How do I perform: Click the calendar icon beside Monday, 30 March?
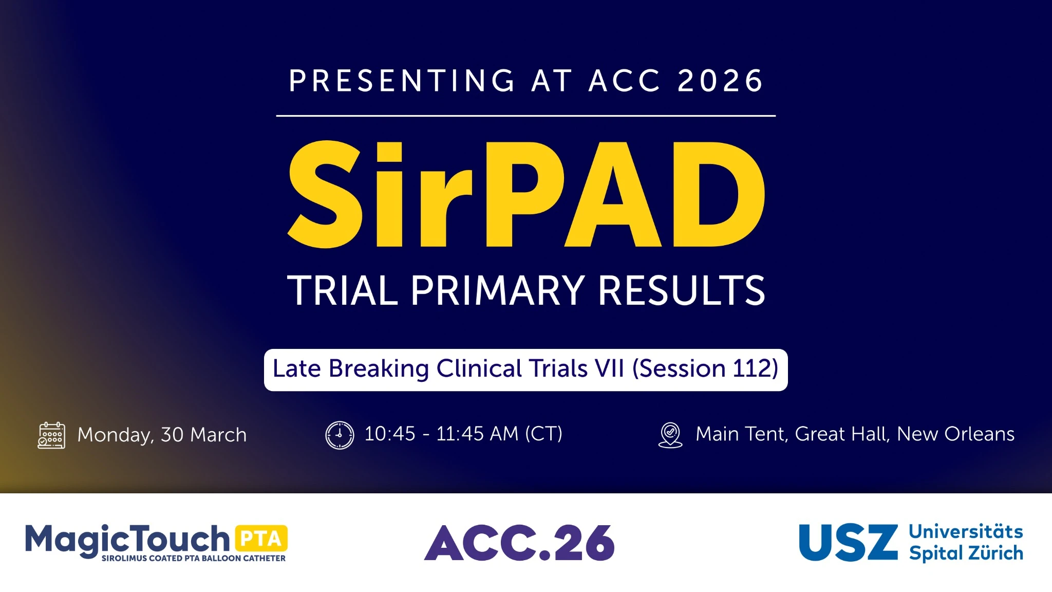[51, 435]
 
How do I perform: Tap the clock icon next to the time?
[340, 435]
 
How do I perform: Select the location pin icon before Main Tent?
[670, 435]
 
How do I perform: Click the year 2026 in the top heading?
[720, 81]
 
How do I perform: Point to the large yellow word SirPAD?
[526, 195]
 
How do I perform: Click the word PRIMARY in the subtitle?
[497, 291]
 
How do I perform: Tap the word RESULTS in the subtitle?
[682, 291]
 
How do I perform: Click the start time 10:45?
[389, 434]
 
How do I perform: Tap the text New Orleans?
[955, 434]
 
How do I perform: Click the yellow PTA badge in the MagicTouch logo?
[261, 539]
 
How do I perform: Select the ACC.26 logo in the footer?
[519, 543]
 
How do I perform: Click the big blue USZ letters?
[848, 543]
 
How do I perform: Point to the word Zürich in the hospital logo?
[995, 553]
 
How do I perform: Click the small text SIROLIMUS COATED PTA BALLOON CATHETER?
[193, 559]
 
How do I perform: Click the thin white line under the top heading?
[526, 116]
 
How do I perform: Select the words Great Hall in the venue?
[841, 434]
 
